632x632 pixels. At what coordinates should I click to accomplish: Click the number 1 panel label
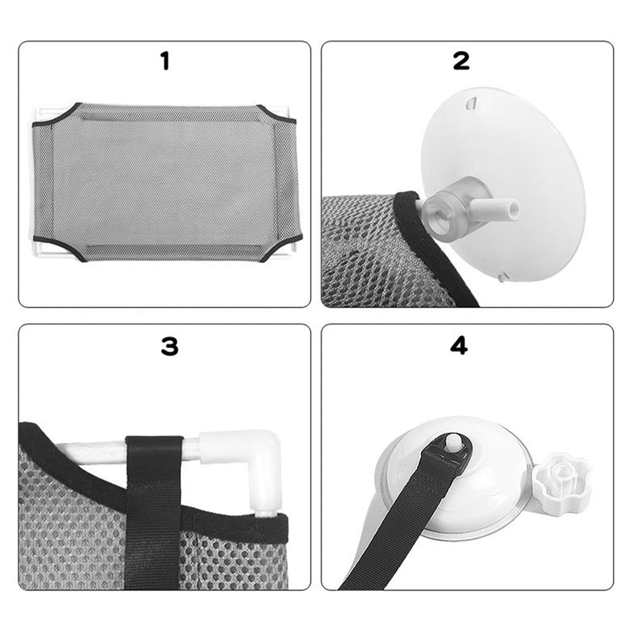tap(165, 62)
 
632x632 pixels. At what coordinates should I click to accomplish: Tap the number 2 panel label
tap(461, 61)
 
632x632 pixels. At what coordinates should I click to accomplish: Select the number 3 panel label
tap(169, 346)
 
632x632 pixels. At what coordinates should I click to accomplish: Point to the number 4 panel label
tap(459, 346)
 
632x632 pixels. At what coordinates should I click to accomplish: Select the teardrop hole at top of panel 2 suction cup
tap(470, 104)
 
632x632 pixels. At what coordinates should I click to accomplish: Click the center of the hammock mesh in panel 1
tap(165, 182)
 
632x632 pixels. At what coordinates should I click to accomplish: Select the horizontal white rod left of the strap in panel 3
tap(90, 448)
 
